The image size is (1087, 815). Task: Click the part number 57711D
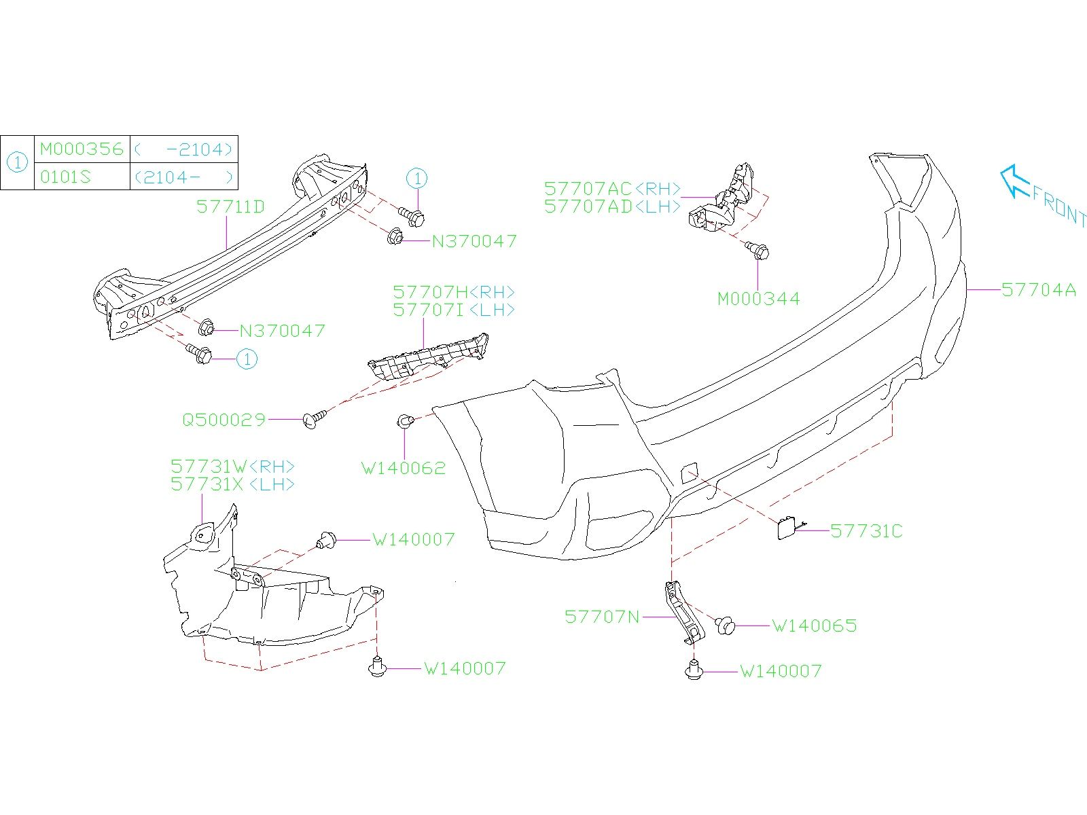click(230, 206)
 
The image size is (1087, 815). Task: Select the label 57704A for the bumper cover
click(1039, 290)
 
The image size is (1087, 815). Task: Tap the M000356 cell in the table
click(82, 149)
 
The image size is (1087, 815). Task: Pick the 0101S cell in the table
click(65, 177)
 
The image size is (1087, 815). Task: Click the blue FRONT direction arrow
click(1014, 181)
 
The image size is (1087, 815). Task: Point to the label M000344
click(759, 299)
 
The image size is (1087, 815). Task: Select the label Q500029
click(224, 420)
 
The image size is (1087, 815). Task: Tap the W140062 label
click(404, 468)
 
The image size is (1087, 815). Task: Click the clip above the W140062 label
click(405, 421)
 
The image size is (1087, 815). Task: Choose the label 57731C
click(866, 531)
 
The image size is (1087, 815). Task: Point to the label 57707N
click(602, 617)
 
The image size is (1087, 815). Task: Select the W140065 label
click(815, 626)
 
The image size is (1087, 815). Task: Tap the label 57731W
click(209, 467)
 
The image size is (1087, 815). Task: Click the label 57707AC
click(588, 188)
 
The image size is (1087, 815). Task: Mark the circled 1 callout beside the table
click(17, 163)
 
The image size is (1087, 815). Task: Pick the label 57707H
click(430, 292)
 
